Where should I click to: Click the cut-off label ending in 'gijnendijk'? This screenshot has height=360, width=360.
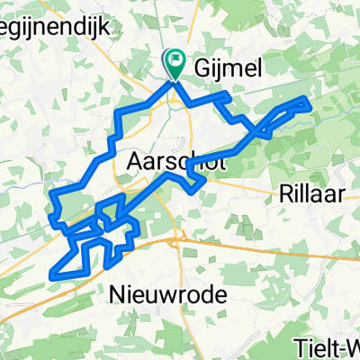(x=54, y=27)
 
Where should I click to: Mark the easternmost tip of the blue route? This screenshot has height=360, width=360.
(x=311, y=106)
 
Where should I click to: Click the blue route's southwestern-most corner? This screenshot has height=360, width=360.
(x=58, y=271)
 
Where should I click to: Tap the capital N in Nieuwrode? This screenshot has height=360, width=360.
(x=118, y=293)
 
